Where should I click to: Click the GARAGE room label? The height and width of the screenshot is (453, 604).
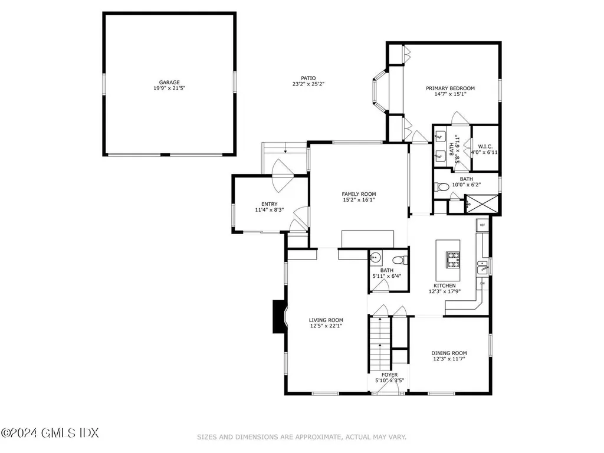click(x=169, y=83)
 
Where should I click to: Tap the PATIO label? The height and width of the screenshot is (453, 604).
click(x=308, y=78)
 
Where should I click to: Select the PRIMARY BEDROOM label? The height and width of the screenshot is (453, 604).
click(x=450, y=88)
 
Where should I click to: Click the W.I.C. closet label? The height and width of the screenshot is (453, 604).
click(x=485, y=146)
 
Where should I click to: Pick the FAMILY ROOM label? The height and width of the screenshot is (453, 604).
click(x=359, y=194)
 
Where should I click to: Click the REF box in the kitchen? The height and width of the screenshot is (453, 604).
click(x=482, y=225)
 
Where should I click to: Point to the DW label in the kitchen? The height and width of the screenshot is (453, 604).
click(x=482, y=284)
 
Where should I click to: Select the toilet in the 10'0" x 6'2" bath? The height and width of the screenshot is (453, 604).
click(x=441, y=188)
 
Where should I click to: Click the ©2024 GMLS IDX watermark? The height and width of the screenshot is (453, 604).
click(x=50, y=434)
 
